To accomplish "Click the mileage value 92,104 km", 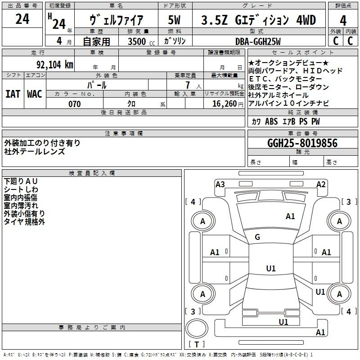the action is point(55,64).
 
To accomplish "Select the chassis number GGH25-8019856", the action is point(302,143).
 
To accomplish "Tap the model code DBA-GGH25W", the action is point(258,41).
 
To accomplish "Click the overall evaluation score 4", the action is point(343,20).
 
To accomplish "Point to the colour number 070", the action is point(75,104).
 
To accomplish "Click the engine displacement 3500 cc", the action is point(141,41).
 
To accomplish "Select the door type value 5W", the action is point(174,20).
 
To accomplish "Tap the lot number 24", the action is point(22,19).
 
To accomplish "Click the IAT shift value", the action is point(13,94).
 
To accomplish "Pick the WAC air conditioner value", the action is point(35,94).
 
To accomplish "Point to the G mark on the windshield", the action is point(257,237).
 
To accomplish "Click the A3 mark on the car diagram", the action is point(220,184).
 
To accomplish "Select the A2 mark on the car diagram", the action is point(321,184).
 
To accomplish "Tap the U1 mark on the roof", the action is point(271,268).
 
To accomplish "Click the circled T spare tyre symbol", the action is point(197,328).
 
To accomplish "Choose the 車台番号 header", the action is point(303,133).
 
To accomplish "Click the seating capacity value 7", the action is point(188,85).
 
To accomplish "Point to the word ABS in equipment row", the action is point(271,121).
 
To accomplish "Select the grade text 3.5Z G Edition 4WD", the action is point(258,20).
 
